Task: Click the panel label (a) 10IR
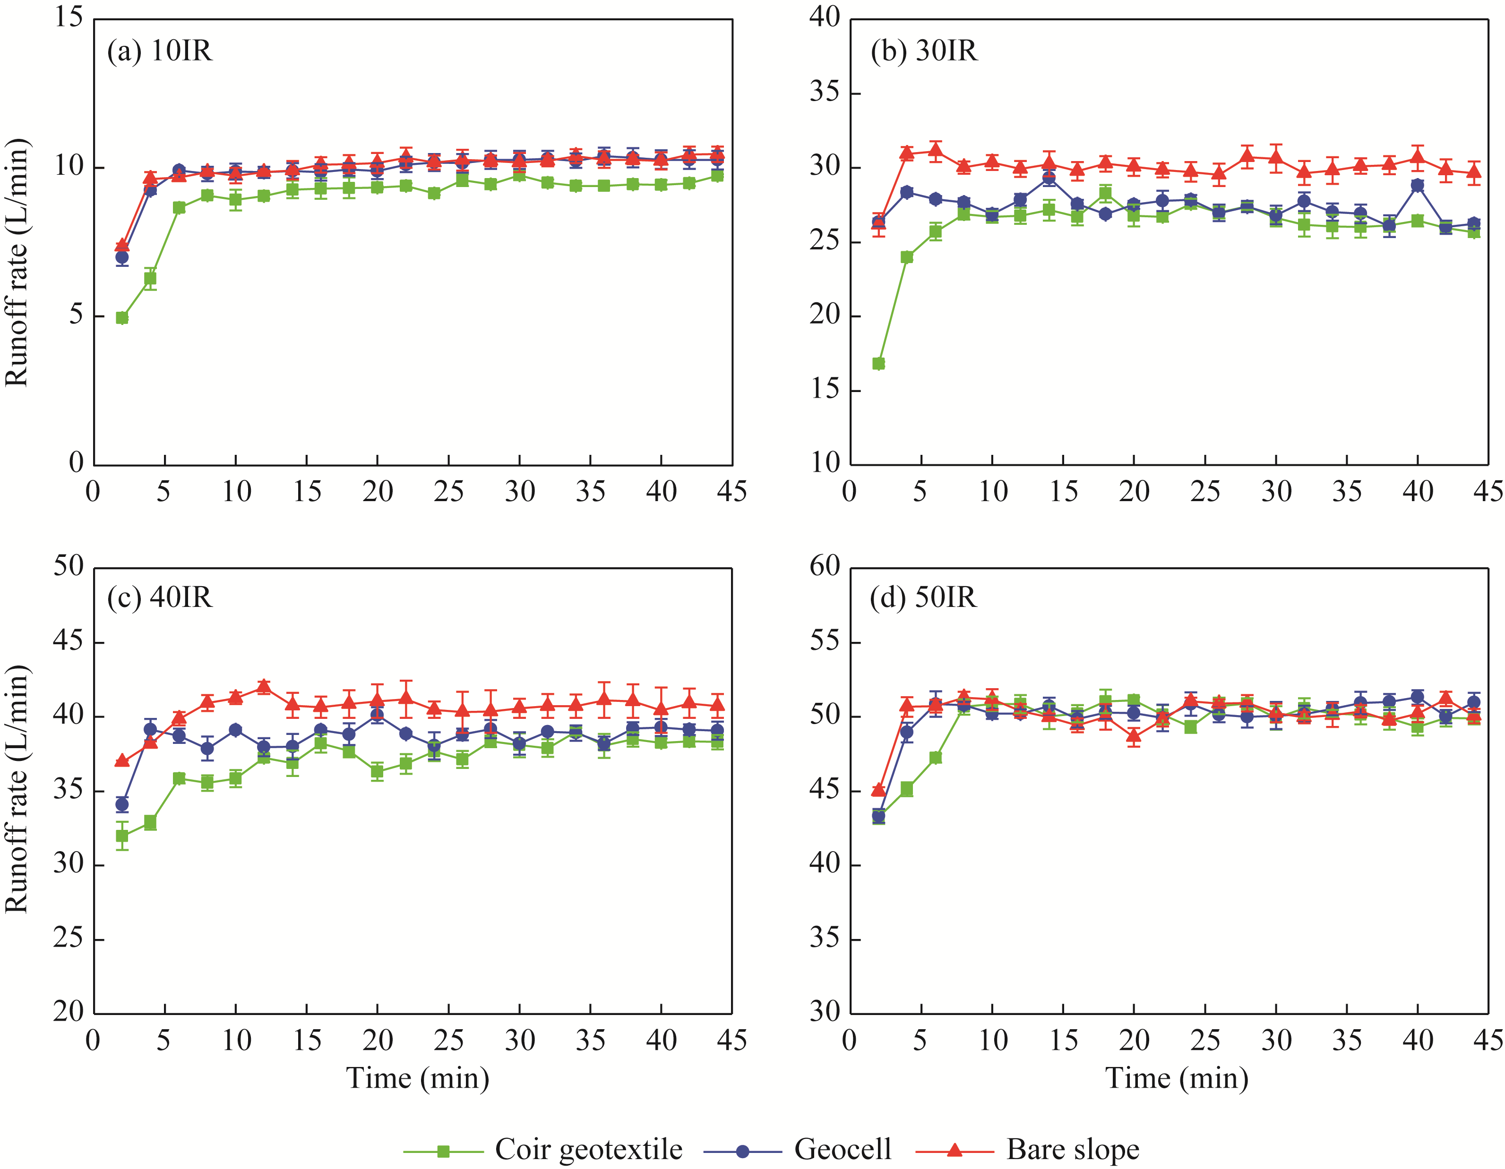point(160,51)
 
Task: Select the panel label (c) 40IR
point(160,597)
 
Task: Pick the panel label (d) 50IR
point(923,597)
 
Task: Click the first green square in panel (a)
point(122,317)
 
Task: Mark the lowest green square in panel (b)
point(878,364)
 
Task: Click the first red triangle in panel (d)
point(878,789)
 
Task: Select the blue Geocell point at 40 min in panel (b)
point(1418,185)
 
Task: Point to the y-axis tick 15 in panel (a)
point(69,18)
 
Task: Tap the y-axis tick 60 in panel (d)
point(825,567)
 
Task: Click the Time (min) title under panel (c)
point(418,1078)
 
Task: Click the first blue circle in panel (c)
point(122,804)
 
